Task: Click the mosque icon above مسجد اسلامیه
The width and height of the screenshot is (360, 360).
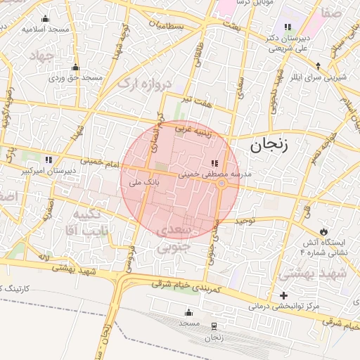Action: (46, 18)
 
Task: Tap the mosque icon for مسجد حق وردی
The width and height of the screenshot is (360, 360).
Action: (75, 68)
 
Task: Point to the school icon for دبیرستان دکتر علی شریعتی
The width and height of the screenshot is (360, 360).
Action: (287, 27)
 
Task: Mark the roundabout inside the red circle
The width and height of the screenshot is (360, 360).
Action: (221, 184)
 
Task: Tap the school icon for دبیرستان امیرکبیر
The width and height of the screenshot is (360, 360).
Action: (49, 159)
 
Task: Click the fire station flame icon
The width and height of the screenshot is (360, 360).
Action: (324, 231)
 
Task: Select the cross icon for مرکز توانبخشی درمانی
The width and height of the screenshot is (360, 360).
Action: (283, 295)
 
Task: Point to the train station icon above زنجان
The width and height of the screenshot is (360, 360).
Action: (214, 326)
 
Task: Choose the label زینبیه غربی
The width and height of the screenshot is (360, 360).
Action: (193, 129)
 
